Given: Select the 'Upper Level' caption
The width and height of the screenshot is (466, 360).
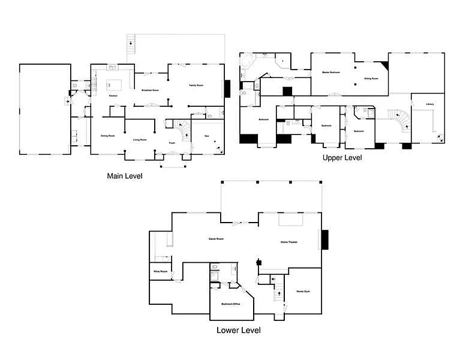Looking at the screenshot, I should [x=342, y=158].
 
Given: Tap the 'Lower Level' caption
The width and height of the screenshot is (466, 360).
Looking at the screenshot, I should [x=238, y=330].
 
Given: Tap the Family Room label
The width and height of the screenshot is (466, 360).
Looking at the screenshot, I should [x=197, y=86].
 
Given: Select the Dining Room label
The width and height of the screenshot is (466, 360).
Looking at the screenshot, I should [x=107, y=136].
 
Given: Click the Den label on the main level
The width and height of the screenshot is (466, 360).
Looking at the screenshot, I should [x=207, y=136].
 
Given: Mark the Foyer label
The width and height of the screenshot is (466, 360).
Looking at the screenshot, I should [x=172, y=143].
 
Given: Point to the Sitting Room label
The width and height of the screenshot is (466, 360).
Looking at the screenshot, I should [x=371, y=78].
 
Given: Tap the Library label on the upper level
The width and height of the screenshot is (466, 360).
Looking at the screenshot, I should [x=429, y=104].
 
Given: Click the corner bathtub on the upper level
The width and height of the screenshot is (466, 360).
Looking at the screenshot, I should [x=246, y=61].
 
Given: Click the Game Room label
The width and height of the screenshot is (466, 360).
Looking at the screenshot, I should [x=216, y=239].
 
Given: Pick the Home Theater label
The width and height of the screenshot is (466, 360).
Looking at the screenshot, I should [x=289, y=242].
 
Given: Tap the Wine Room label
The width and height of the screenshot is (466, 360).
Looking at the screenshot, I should [x=160, y=271].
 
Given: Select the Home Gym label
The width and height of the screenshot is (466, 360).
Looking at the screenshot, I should [x=303, y=292].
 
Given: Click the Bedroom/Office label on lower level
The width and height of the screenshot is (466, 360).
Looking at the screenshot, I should [x=231, y=304].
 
